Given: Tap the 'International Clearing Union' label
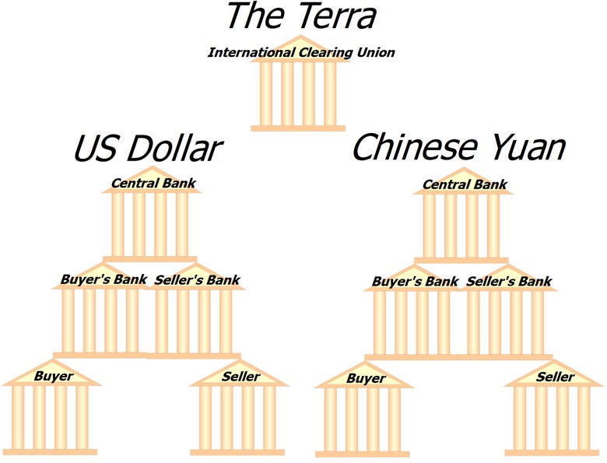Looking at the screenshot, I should click(301, 53).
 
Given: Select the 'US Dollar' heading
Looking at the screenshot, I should click(148, 148).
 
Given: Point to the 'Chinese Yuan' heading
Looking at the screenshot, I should click(458, 148).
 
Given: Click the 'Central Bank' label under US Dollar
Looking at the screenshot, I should click(153, 184).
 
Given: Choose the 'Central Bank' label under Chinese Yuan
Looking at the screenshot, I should click(465, 185).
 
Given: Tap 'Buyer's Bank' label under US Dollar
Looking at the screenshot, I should click(104, 279).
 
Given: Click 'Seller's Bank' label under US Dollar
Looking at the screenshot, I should click(198, 279).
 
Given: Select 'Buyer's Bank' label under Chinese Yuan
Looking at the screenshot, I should click(415, 281).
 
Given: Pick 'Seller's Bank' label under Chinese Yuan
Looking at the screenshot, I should click(509, 281).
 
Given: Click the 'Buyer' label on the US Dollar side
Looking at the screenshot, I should click(54, 377).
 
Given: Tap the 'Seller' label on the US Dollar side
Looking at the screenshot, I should click(241, 377).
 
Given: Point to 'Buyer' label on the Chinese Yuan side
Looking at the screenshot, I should click(366, 379).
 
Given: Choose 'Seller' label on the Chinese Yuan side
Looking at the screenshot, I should click(556, 377).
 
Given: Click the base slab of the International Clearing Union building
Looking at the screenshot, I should click(298, 128).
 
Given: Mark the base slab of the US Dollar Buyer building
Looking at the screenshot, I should click(51, 451).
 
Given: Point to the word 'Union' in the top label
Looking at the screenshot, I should click(377, 53).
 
